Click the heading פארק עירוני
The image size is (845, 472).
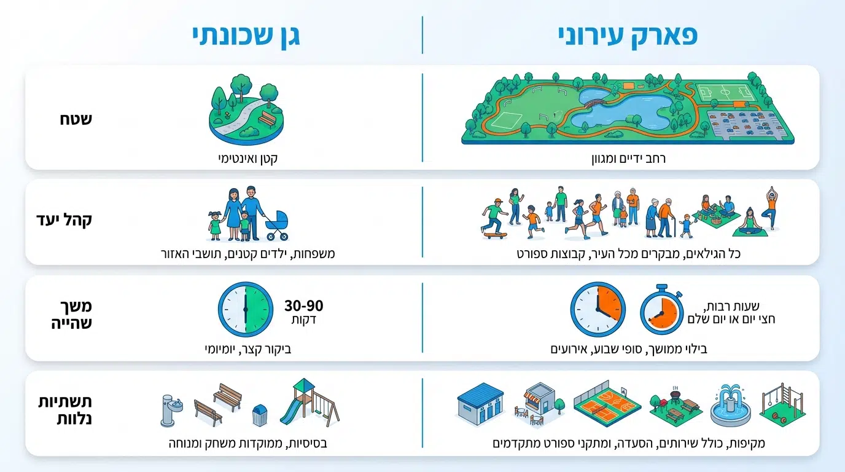point(628,36)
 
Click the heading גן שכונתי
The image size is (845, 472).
point(246,36)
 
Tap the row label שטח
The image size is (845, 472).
point(76,119)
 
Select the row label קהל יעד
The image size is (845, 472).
point(64,220)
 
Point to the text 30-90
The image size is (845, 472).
point(303,305)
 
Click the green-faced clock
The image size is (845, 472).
point(246,309)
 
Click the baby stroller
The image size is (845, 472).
point(277,226)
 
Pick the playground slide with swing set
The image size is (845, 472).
point(310,403)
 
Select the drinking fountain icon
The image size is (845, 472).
point(171,411)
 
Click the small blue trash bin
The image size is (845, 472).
point(260,415)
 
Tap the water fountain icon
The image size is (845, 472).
point(730,406)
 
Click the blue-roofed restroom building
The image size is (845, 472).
point(481,404)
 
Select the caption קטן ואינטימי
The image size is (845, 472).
point(248,159)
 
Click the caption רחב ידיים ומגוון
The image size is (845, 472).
point(628,159)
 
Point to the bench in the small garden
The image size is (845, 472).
point(268,119)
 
